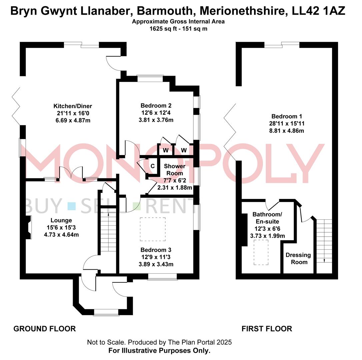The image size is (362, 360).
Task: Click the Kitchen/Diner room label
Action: click(69, 106)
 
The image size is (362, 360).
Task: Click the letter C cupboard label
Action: click(153, 166)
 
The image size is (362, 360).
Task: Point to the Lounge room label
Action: click(61, 220)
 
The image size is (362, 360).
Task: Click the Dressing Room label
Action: click(298, 258)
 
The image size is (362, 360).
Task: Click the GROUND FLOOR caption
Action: click(44, 329)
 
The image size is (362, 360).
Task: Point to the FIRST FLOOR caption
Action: click(267, 329)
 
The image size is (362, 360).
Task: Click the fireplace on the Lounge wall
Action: click(29, 227)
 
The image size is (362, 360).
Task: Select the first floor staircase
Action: click(324, 240)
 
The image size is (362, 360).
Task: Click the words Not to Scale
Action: click(106, 342)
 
